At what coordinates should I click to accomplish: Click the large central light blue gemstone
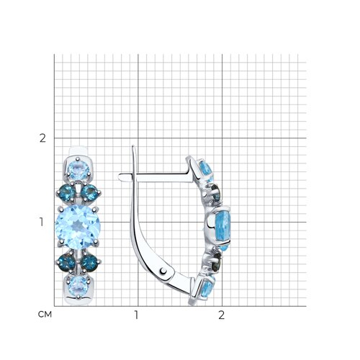tap(78, 227)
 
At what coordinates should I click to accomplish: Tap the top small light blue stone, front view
tap(78, 171)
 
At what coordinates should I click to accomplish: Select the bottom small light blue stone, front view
tap(78, 287)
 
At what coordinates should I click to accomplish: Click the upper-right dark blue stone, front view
tap(89, 193)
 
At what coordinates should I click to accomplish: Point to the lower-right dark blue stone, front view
tap(89, 263)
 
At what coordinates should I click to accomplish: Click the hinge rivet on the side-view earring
tap(163, 271)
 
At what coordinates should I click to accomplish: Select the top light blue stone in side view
tap(206, 171)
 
